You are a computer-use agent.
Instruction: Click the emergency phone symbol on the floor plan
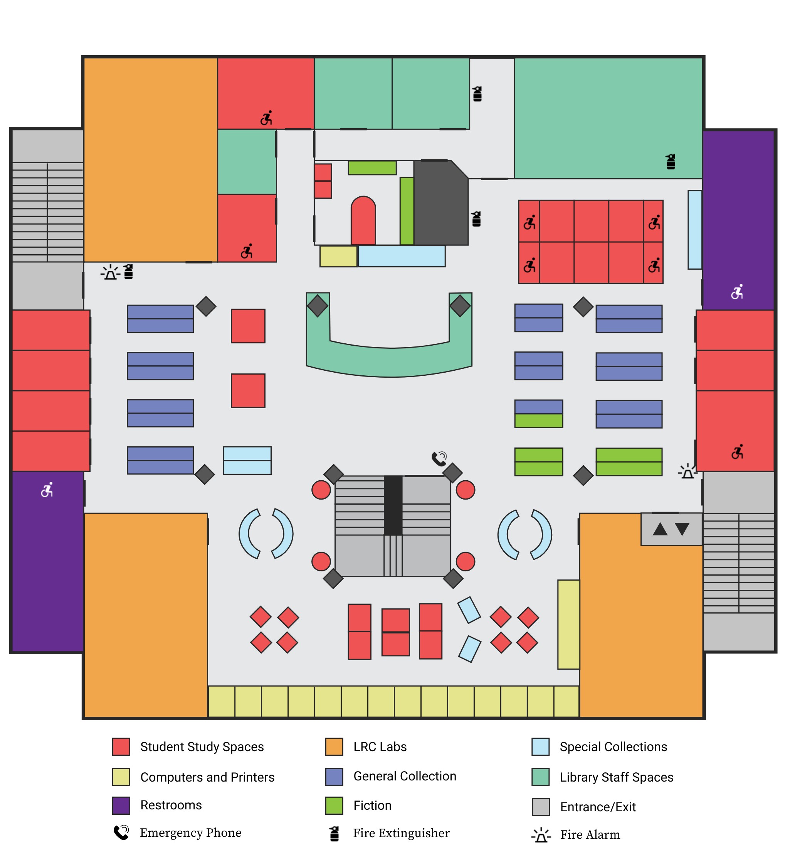point(440,459)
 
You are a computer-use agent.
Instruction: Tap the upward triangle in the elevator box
point(660,529)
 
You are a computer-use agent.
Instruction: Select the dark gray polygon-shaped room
point(441,203)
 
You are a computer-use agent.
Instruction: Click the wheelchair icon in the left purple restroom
point(47,490)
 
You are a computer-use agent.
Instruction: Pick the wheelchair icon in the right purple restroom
point(737,292)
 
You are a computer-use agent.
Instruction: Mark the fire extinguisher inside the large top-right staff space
point(671,162)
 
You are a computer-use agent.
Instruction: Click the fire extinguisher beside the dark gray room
point(476,219)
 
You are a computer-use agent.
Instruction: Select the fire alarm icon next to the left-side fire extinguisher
point(111,272)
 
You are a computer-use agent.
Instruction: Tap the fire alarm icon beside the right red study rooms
point(687,471)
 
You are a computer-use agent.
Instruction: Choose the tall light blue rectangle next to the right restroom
point(695,230)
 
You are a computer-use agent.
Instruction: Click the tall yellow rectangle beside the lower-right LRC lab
point(568,624)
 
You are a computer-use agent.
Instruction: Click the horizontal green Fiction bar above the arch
point(372,167)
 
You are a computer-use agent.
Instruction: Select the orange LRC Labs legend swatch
point(334,746)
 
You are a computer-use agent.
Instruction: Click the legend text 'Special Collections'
point(613,746)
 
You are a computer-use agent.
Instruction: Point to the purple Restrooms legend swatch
point(121,805)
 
